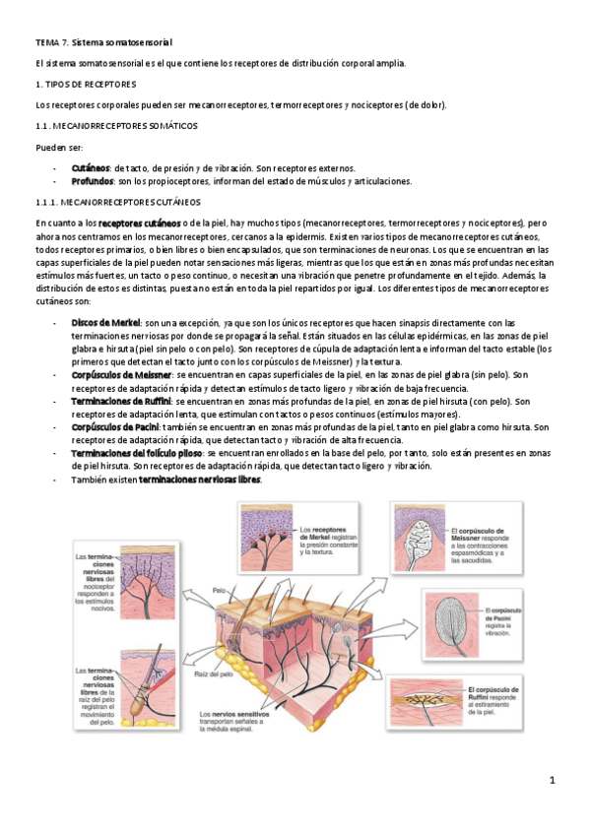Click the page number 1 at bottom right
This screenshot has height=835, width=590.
553,781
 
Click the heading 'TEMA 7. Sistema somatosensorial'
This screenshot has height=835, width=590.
103,43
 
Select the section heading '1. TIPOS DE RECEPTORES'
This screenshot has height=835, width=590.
85,85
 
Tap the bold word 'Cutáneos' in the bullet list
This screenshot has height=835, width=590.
91,168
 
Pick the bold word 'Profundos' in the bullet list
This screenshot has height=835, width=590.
93,181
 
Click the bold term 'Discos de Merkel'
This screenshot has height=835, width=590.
106,323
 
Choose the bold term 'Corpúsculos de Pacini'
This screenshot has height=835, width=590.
116,427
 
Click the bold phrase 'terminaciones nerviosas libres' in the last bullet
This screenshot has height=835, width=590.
200,480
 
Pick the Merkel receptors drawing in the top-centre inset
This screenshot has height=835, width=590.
266,537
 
